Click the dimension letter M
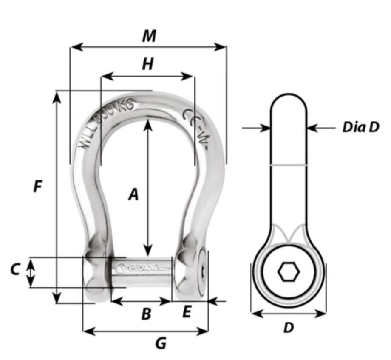point(149,36)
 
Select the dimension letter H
point(147,64)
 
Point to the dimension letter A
point(133,195)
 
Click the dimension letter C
point(15,269)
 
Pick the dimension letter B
point(146,314)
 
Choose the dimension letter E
point(187,313)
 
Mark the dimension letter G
point(160,343)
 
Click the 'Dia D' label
point(360,127)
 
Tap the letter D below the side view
point(289,328)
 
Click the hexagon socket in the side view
point(289,271)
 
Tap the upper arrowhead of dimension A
point(147,124)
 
